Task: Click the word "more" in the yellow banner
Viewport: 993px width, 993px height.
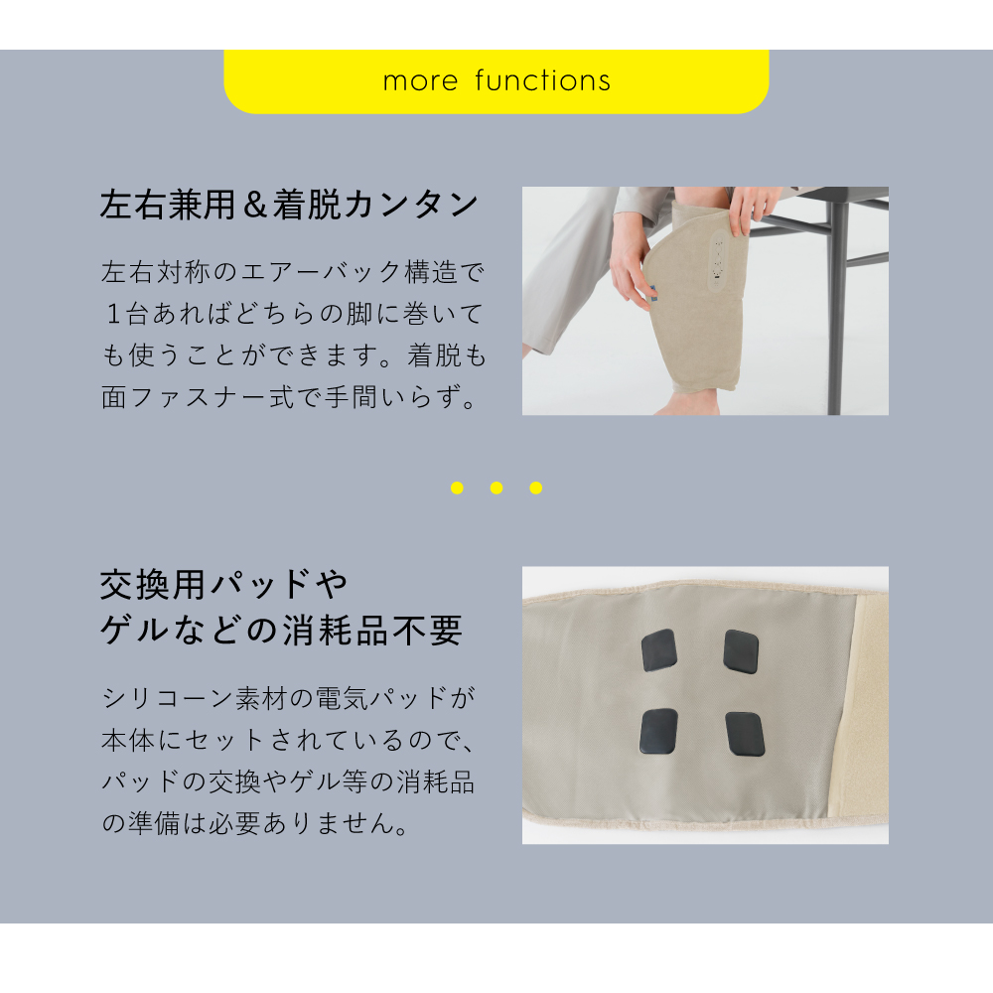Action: [x=420, y=81]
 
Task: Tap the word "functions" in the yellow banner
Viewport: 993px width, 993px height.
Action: [x=543, y=80]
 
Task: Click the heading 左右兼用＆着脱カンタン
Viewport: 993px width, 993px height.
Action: [x=289, y=205]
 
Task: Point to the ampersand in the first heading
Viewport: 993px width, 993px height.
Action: [x=254, y=206]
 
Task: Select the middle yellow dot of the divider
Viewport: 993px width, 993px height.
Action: [x=496, y=488]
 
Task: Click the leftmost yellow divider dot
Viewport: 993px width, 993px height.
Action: [x=457, y=488]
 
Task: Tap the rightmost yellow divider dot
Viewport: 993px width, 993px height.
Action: [x=536, y=488]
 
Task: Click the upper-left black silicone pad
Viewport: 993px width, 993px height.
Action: [x=659, y=650]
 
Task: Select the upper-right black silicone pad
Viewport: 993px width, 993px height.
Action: [x=741, y=651]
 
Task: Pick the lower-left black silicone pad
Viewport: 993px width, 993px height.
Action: [x=659, y=731]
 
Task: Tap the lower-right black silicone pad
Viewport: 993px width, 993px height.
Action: [x=746, y=734]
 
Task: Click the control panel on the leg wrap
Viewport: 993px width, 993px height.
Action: [x=719, y=262]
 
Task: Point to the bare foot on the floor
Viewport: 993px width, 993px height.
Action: [x=689, y=403]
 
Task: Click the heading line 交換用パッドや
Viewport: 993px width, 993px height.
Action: [x=224, y=585]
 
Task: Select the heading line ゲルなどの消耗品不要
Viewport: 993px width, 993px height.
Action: [x=281, y=631]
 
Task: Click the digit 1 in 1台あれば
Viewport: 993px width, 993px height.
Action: [x=113, y=314]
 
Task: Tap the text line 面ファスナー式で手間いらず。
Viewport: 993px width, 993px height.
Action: [x=289, y=397]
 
